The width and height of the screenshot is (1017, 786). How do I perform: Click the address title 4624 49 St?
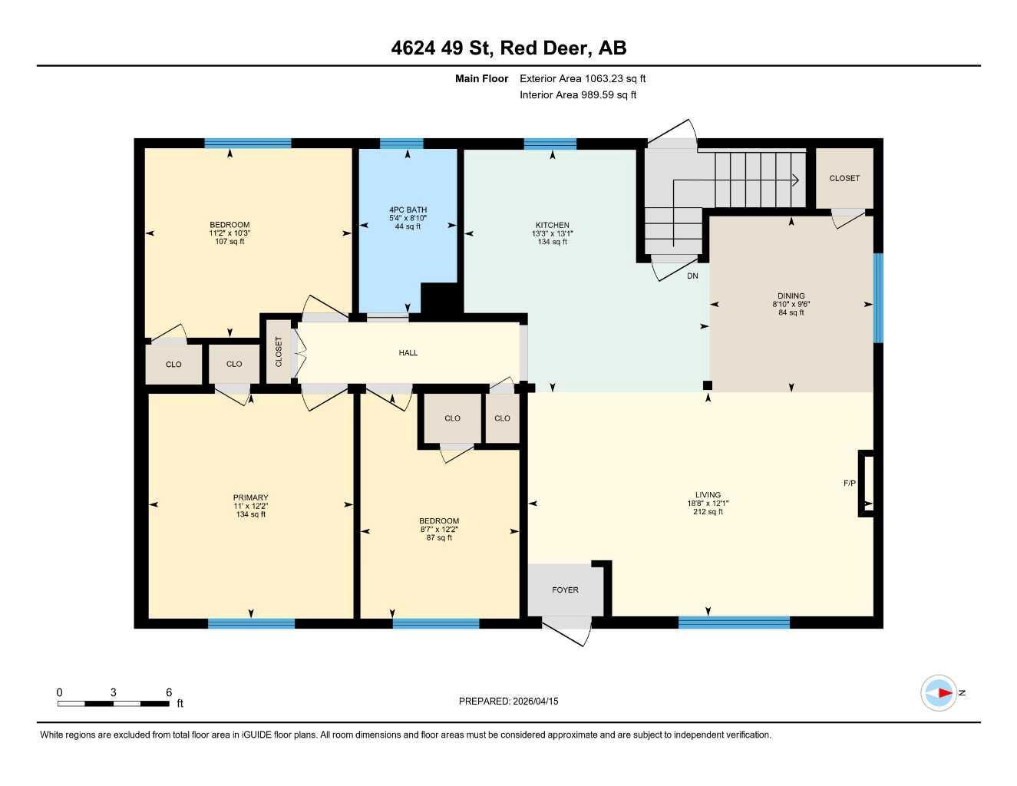pyautogui.click(x=508, y=48)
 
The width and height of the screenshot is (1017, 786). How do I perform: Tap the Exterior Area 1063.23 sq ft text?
pyautogui.click(x=583, y=78)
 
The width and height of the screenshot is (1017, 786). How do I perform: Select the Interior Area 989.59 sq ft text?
pyautogui.click(x=578, y=95)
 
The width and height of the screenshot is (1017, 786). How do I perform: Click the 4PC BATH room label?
pyautogui.click(x=408, y=210)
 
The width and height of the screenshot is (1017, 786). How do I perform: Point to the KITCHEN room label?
pyautogui.click(x=552, y=226)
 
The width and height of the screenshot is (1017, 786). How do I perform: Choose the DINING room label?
pyautogui.click(x=791, y=296)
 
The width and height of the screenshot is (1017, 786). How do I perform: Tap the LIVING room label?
pyautogui.click(x=708, y=495)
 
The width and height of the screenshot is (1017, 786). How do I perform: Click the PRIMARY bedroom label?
pyautogui.click(x=251, y=497)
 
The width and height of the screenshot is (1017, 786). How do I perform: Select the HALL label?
pyautogui.click(x=408, y=353)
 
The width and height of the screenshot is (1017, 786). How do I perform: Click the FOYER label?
pyautogui.click(x=565, y=590)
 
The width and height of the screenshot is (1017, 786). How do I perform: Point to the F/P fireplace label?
pyautogui.click(x=850, y=484)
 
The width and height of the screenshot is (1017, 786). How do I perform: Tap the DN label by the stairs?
pyautogui.click(x=692, y=276)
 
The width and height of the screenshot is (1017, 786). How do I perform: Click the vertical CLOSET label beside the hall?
pyautogui.click(x=279, y=352)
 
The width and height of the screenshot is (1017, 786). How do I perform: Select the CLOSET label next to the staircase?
pyautogui.click(x=844, y=178)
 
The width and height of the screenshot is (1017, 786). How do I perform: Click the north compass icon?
pyautogui.click(x=939, y=693)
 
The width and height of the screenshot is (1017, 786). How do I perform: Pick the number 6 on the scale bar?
pyautogui.click(x=169, y=692)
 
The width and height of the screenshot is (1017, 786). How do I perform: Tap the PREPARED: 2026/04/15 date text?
pyautogui.click(x=508, y=701)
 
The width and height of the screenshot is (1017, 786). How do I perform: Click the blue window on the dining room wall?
pyautogui.click(x=878, y=299)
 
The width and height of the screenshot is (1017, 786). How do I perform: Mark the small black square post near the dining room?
pyautogui.click(x=708, y=385)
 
